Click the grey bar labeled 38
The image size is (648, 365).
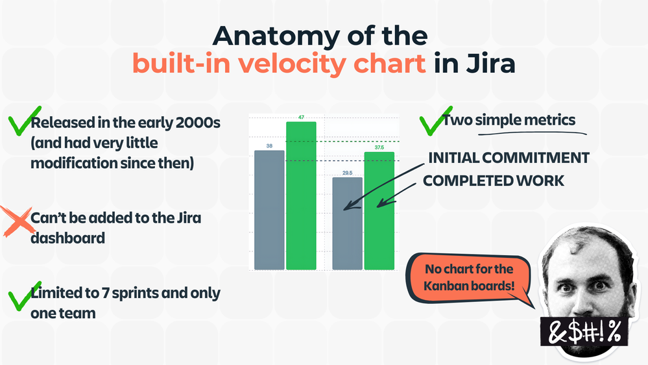point(269,210)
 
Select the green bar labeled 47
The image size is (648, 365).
point(301,195)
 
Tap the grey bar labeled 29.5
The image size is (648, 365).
point(347,223)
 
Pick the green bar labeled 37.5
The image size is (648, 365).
point(379,210)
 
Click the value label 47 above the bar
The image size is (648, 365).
point(301,118)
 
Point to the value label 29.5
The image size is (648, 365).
point(347,173)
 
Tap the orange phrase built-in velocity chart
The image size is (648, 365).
point(280,64)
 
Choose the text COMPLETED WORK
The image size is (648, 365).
point(494,181)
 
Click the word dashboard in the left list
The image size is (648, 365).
point(67,238)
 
